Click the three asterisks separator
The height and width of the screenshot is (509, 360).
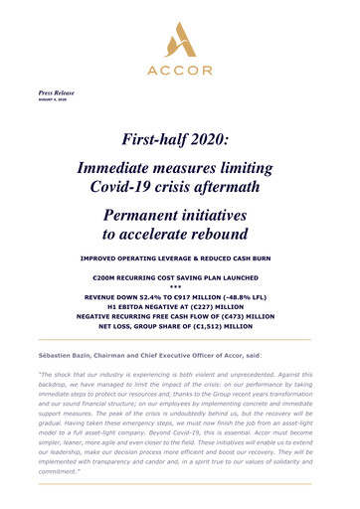(x=180, y=294)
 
